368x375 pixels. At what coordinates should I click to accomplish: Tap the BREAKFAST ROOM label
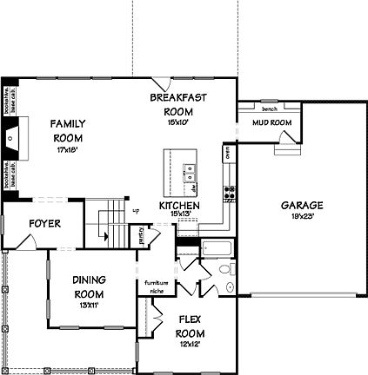click(x=177, y=104)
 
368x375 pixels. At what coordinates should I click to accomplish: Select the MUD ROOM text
click(x=271, y=123)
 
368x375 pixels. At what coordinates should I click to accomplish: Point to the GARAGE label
click(x=301, y=205)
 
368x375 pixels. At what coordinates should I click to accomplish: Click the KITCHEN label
click(x=179, y=206)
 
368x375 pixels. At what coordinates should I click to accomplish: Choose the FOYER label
click(x=44, y=223)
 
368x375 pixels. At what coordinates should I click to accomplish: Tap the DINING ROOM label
click(x=90, y=286)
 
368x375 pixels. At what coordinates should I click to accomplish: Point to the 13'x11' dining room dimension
click(x=90, y=304)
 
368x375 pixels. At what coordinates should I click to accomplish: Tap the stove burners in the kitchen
click(x=230, y=193)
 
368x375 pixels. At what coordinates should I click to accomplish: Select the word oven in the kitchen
click(x=226, y=153)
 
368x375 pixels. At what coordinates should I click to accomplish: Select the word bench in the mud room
click(x=270, y=109)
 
